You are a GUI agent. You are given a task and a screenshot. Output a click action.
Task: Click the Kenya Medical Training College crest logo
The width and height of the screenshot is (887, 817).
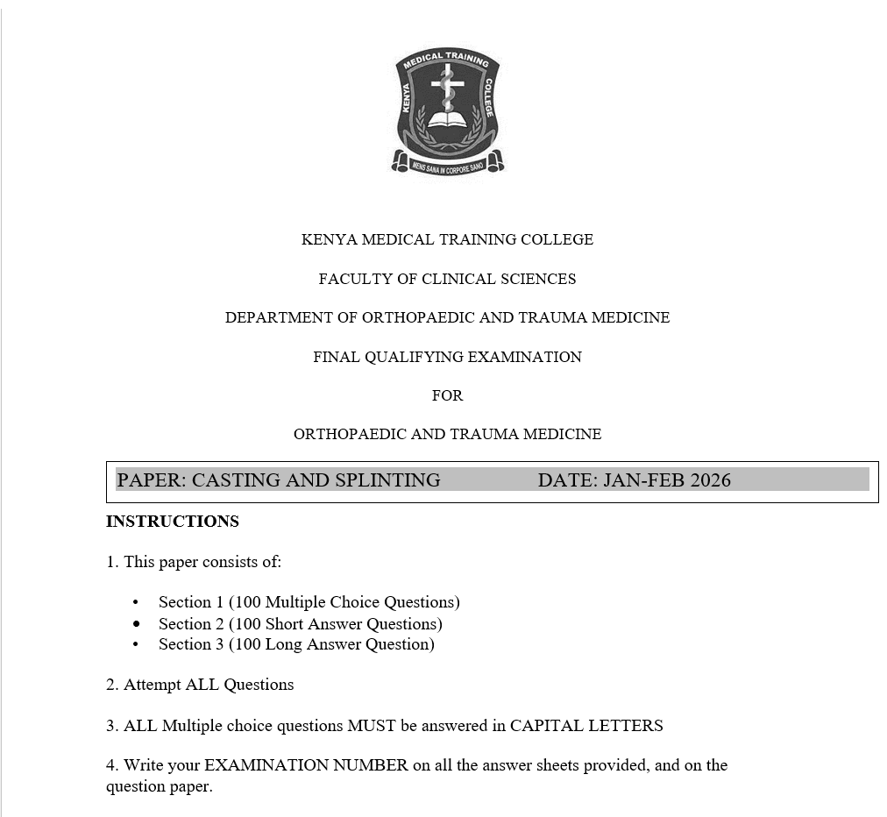coord(447,110)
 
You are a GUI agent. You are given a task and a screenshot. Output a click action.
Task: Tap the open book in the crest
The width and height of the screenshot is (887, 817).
coord(447,119)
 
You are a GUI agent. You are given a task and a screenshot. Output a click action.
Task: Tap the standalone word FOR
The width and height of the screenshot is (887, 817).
coord(447,395)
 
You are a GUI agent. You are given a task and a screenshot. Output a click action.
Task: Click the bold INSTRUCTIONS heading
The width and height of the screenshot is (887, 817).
coord(173,522)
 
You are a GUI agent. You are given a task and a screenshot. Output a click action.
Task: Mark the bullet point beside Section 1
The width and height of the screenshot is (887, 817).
coord(136,602)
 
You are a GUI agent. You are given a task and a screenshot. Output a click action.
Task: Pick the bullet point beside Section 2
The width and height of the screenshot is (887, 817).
coord(136,624)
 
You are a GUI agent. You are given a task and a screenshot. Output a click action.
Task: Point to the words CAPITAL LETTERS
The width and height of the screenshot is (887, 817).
coord(586,726)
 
